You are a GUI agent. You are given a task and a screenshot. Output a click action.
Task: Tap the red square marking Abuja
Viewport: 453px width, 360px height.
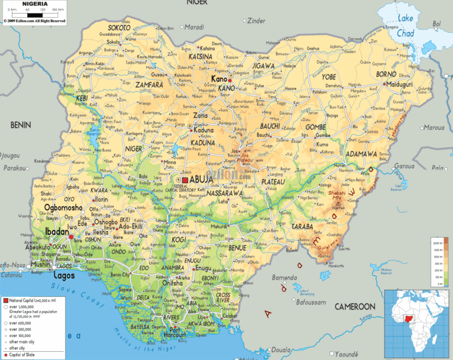[x=185, y=180]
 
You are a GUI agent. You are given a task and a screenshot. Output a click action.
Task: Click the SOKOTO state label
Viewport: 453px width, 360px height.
[x=119, y=27]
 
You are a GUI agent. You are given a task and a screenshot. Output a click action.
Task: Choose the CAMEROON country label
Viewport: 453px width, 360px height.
[x=354, y=307]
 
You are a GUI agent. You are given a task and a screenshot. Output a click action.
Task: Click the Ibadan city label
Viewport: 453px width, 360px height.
[x=56, y=232]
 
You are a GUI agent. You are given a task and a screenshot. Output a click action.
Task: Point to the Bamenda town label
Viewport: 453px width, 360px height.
[x=284, y=278]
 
